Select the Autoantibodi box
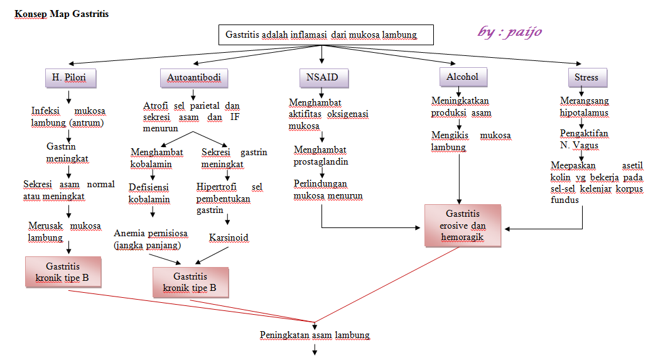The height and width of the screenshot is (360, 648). click(x=193, y=78)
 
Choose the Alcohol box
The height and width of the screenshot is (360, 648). click(x=463, y=77)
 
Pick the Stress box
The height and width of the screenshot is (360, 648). click(x=586, y=77)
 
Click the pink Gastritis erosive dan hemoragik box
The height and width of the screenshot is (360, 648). click(x=462, y=226)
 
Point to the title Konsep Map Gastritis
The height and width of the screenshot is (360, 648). click(x=62, y=14)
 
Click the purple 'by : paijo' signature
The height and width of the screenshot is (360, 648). click(x=509, y=31)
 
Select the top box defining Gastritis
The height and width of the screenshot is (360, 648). click(x=327, y=35)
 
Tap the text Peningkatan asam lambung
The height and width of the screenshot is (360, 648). click(x=315, y=335)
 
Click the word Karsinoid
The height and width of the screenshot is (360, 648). click(x=229, y=237)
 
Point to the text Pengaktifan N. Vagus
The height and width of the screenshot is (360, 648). click(x=580, y=139)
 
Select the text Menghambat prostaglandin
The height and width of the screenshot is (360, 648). click(x=321, y=156)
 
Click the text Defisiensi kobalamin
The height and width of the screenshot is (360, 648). click(x=149, y=193)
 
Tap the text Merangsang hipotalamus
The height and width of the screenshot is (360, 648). click(x=584, y=106)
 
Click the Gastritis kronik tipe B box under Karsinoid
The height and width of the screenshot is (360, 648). click(x=190, y=282)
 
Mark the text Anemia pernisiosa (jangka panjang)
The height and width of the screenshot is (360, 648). click(x=150, y=239)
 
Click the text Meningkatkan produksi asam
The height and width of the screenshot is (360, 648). click(x=461, y=106)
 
